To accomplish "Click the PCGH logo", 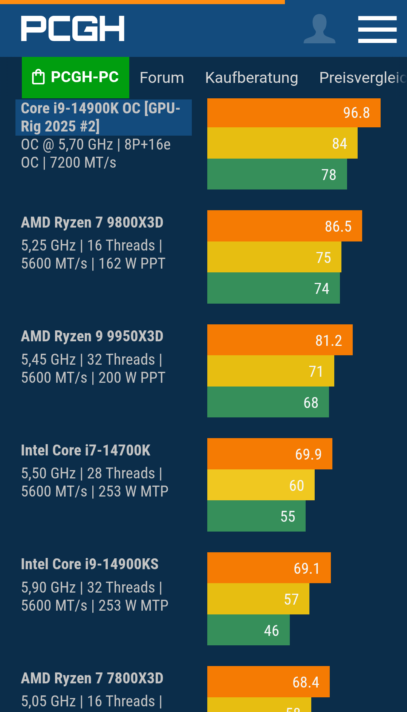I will pos(73,29).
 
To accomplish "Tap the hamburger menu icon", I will pos(377,29).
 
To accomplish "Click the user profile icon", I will pos(319,29).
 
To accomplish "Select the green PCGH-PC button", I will pos(75,77).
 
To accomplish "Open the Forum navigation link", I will pos(162,78).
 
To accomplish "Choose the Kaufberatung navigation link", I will pos(251,78).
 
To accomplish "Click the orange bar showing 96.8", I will pos(294,113).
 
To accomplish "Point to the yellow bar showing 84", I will pos(282,143).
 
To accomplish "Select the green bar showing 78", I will pos(277,174).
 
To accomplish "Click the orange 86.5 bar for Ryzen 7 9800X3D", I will pos(284,226).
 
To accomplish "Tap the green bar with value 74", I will pos(273,288).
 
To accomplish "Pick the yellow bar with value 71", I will pos(270,371).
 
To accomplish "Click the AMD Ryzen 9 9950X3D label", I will pos(92,336).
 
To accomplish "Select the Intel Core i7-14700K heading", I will pos(86,450).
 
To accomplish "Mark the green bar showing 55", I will pos(256,516).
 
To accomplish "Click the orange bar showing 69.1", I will pos(269,568).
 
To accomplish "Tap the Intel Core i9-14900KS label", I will pos(90,564).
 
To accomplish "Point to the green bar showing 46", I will pos(248,630).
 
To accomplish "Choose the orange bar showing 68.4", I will pos(268,682).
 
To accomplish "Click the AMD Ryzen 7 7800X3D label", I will pos(92,678).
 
